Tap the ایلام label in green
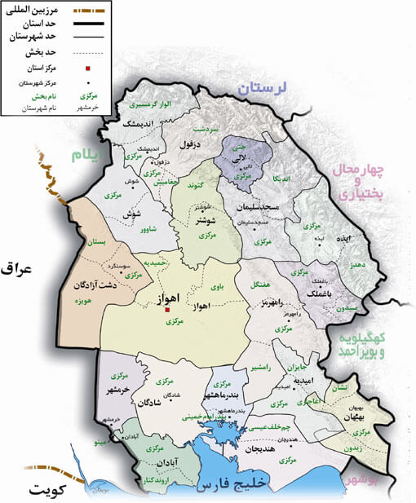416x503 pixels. [x=90, y=153]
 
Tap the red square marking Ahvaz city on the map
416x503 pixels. [x=166, y=310]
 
